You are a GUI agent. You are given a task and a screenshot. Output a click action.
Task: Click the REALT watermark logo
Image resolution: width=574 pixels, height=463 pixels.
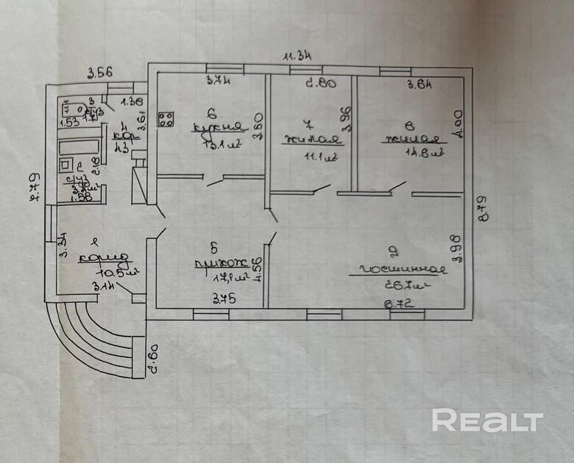point(487,421)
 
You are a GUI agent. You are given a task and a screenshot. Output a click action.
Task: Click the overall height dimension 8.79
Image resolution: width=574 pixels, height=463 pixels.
point(483,208)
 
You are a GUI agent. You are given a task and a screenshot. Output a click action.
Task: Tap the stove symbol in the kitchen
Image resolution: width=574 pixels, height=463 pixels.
point(166,118)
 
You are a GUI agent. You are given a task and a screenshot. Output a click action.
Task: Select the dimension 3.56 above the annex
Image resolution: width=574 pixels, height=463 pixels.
point(100,72)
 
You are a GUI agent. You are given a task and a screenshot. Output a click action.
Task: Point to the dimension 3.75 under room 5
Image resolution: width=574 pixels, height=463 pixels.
point(224,298)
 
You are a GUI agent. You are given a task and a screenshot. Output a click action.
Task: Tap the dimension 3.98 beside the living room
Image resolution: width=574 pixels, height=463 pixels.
point(457,245)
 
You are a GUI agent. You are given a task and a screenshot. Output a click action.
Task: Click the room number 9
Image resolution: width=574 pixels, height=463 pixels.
point(394,255)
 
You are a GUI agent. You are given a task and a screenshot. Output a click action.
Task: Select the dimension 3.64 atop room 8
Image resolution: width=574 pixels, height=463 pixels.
point(419,85)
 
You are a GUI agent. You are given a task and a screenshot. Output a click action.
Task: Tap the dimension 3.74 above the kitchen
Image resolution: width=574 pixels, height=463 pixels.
point(219,82)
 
